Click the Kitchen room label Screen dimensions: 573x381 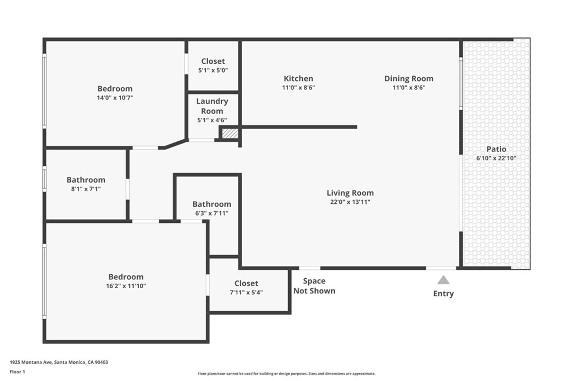(x=298, y=78)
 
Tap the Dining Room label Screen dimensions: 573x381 (x=408, y=78)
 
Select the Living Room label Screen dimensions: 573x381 (x=350, y=193)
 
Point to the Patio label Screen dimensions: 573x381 (x=496, y=149)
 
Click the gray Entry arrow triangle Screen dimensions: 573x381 (x=443, y=280)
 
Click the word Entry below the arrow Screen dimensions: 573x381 (x=443, y=293)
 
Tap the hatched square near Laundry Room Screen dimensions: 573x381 (x=230, y=133)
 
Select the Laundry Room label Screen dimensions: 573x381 (x=212, y=106)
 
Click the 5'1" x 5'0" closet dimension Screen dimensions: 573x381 (x=213, y=70)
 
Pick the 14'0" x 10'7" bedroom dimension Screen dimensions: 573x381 (x=115, y=98)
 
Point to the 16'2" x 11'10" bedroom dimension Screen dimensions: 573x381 (x=126, y=286)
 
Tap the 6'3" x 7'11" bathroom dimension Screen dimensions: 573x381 (x=212, y=213)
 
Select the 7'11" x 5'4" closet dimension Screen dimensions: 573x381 (x=246, y=292)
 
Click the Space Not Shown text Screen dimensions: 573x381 (x=314, y=286)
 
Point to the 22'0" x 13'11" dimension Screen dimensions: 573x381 (x=350, y=202)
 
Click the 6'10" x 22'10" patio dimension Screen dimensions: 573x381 (x=496, y=158)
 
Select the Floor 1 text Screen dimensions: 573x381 (x=17, y=372)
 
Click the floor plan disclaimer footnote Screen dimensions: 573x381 (x=286, y=374)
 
